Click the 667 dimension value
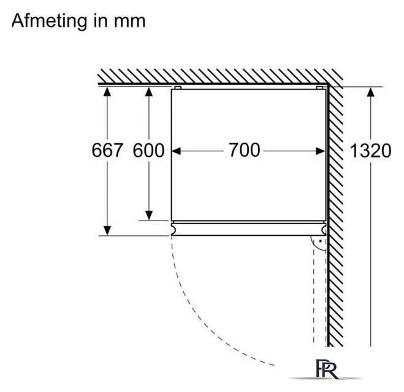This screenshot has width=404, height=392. [107, 150]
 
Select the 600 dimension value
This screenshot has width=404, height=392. [148, 150]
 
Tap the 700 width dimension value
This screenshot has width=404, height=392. [245, 150]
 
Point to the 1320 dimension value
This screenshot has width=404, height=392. [370, 151]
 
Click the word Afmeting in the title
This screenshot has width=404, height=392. [49, 21]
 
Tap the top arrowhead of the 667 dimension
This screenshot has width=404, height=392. [107, 92]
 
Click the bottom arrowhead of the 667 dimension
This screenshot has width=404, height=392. [107, 230]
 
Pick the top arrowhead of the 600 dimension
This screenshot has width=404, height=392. [149, 92]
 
